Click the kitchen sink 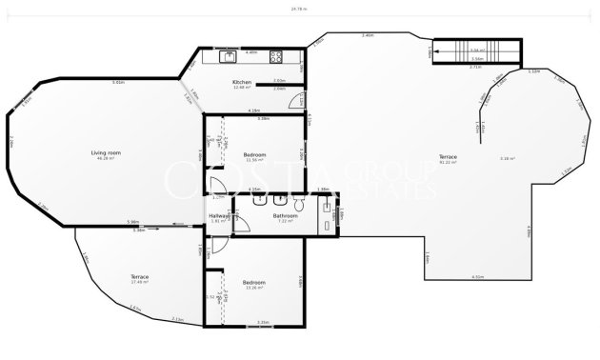pyautogui.click(x=230, y=56)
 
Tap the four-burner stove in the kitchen pyautogui.click(x=275, y=56)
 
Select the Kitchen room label pyautogui.click(x=242, y=84)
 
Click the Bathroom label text pyautogui.click(x=286, y=216)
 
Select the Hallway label pyautogui.click(x=219, y=216)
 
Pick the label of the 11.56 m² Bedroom pyautogui.click(x=254, y=154)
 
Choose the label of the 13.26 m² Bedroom pyautogui.click(x=253, y=282)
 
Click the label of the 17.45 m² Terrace pyautogui.click(x=140, y=277)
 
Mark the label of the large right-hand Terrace pyautogui.click(x=448, y=156)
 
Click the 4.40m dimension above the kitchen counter pyautogui.click(x=251, y=51)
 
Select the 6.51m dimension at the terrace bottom pyautogui.click(x=476, y=277)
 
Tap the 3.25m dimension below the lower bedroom pyautogui.click(x=263, y=323)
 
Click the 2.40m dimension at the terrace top pyautogui.click(x=367, y=35)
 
